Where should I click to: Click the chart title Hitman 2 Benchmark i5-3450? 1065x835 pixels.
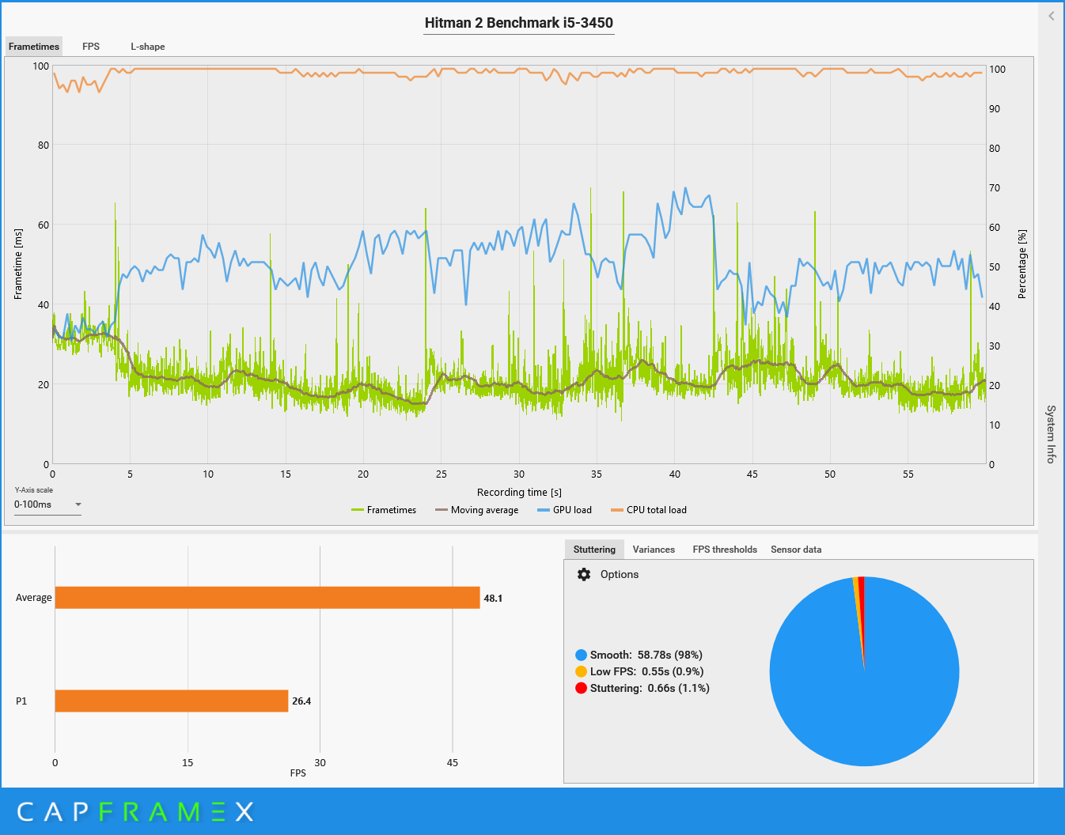518,23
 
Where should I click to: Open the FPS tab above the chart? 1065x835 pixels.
91,47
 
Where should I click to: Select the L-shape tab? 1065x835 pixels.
148,47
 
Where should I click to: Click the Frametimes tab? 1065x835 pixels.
34,47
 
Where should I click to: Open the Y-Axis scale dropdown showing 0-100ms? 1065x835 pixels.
47,504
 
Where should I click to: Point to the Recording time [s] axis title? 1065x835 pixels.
519,493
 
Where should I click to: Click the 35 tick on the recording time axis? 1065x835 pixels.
597,474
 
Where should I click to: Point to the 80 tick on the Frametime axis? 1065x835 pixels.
43,145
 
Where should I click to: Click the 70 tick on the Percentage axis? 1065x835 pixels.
995,188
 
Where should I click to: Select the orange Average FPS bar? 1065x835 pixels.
267,598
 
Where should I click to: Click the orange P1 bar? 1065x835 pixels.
171,701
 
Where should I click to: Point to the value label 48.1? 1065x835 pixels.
493,599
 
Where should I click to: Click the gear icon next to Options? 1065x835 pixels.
584,575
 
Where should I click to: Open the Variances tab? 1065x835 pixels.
654,550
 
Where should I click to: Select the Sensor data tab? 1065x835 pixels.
796,550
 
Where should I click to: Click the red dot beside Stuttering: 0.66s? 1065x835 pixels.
581,688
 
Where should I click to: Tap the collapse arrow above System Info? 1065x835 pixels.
1052,16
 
